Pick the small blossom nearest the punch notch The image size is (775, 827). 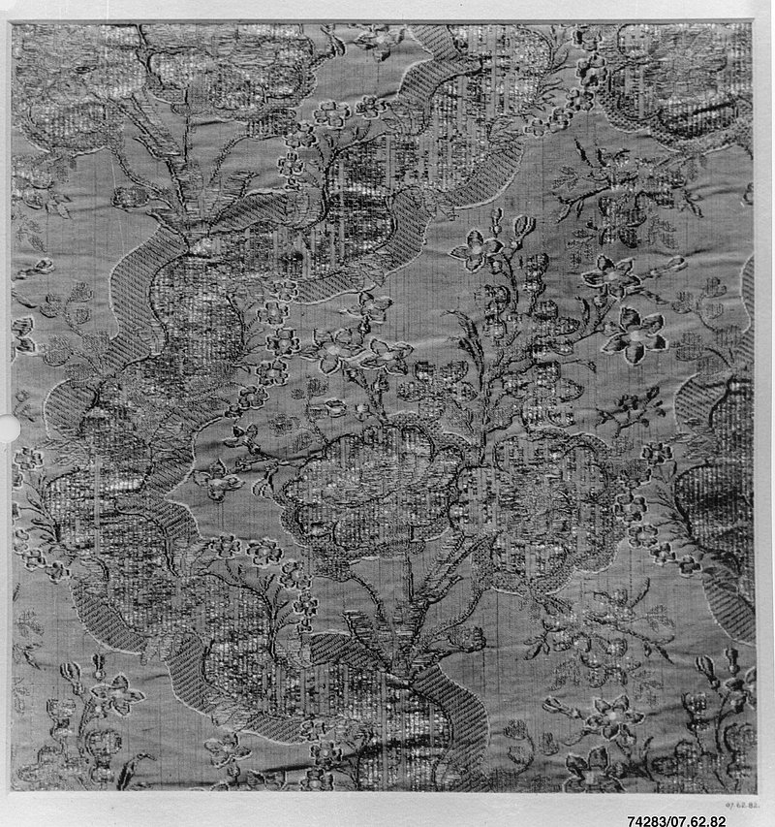pos(27,457)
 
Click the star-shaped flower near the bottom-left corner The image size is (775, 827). pos(115,694)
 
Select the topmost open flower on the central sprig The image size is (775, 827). pos(478,251)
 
